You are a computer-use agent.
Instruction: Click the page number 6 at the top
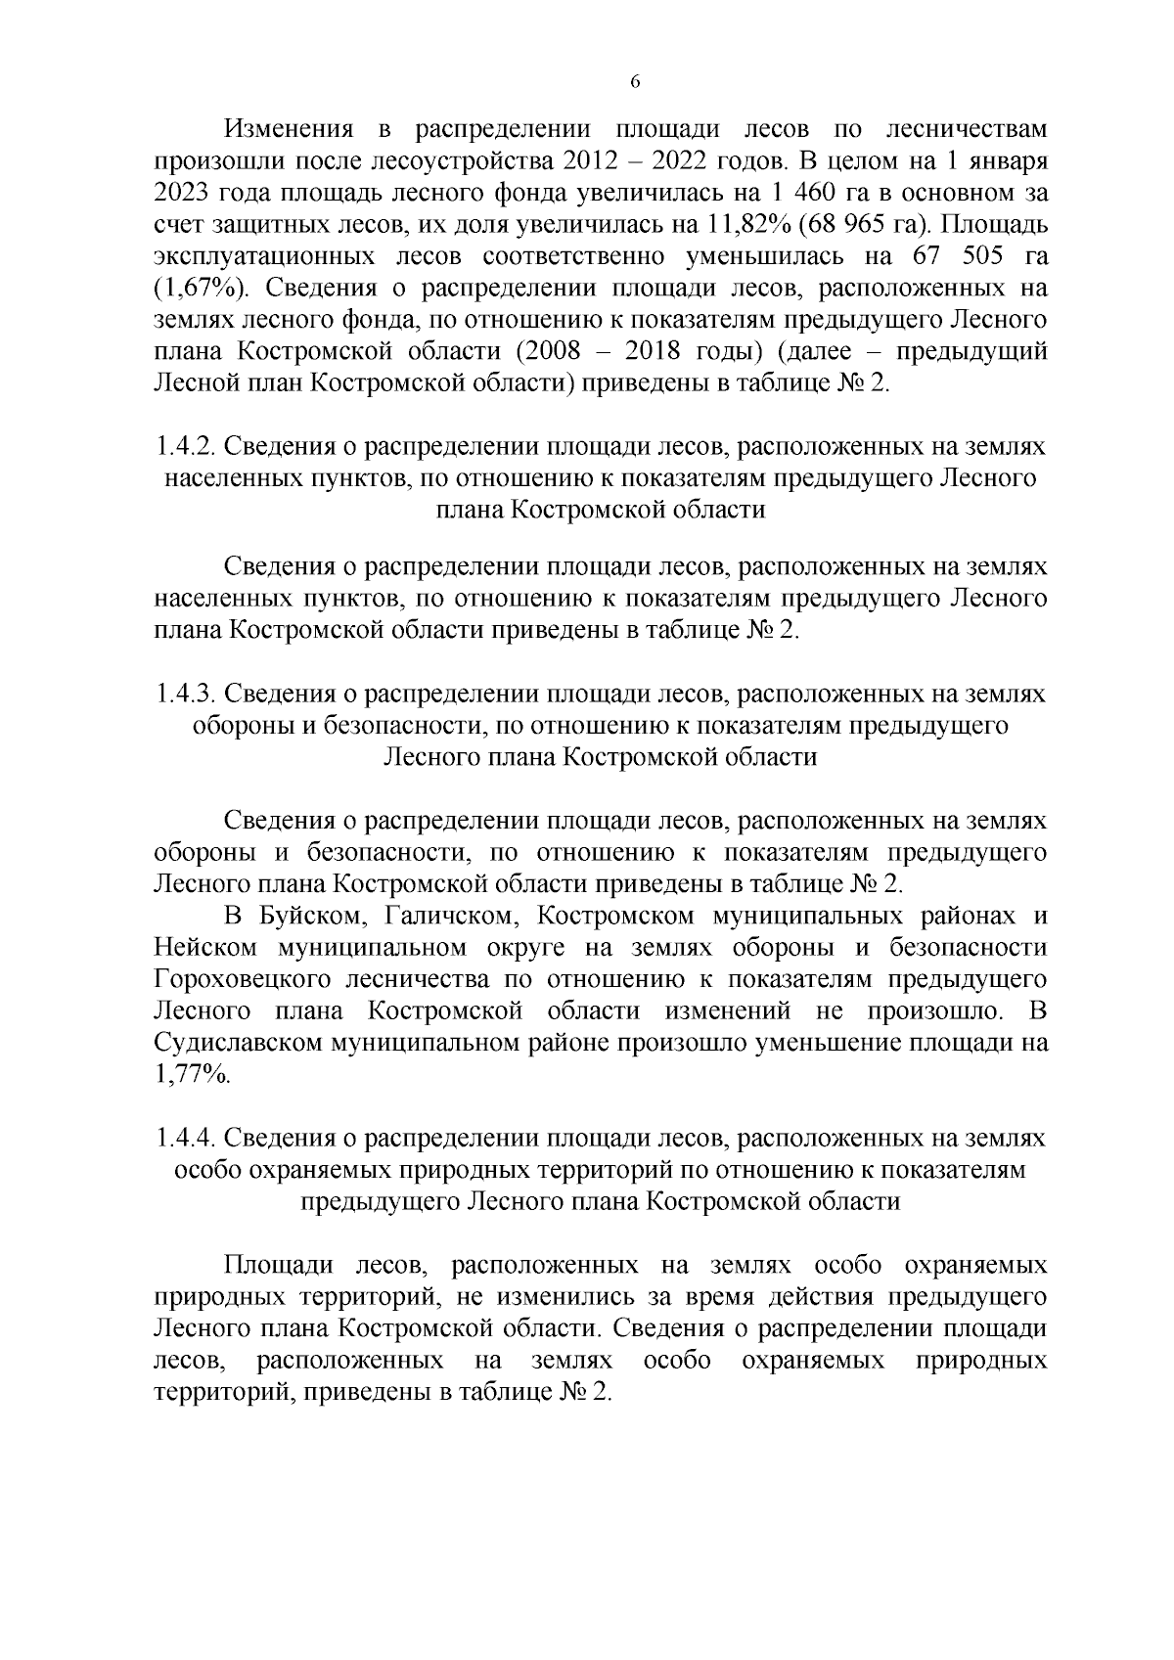coord(634,82)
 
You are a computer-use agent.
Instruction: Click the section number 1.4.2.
coord(184,447)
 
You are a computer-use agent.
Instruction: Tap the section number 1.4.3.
coord(184,695)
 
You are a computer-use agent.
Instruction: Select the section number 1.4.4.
coord(184,1139)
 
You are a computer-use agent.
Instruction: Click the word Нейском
coord(205,948)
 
